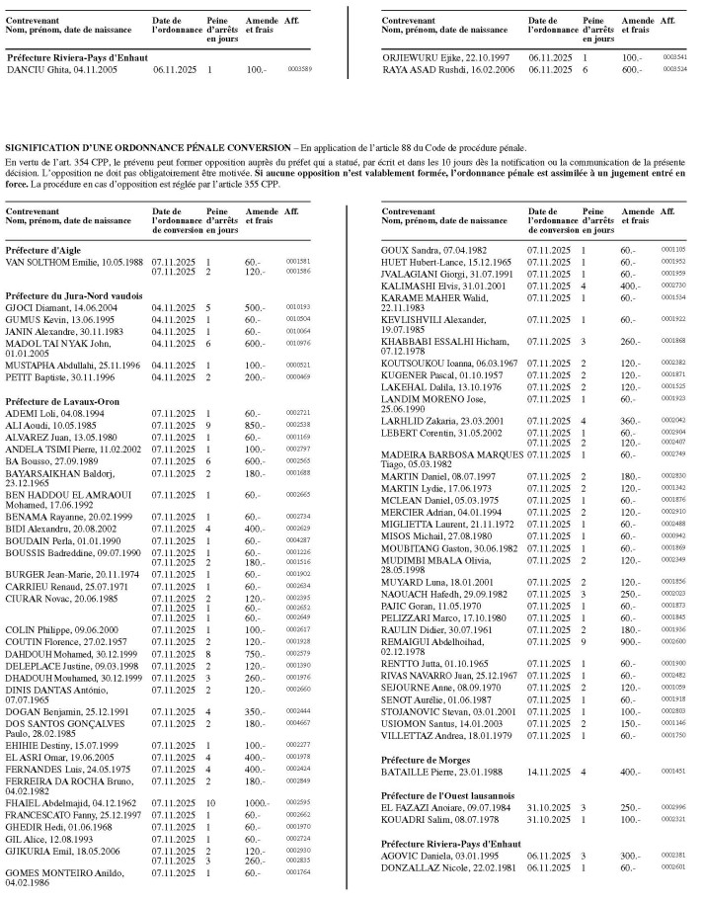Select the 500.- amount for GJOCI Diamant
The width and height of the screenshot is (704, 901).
coord(256,307)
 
